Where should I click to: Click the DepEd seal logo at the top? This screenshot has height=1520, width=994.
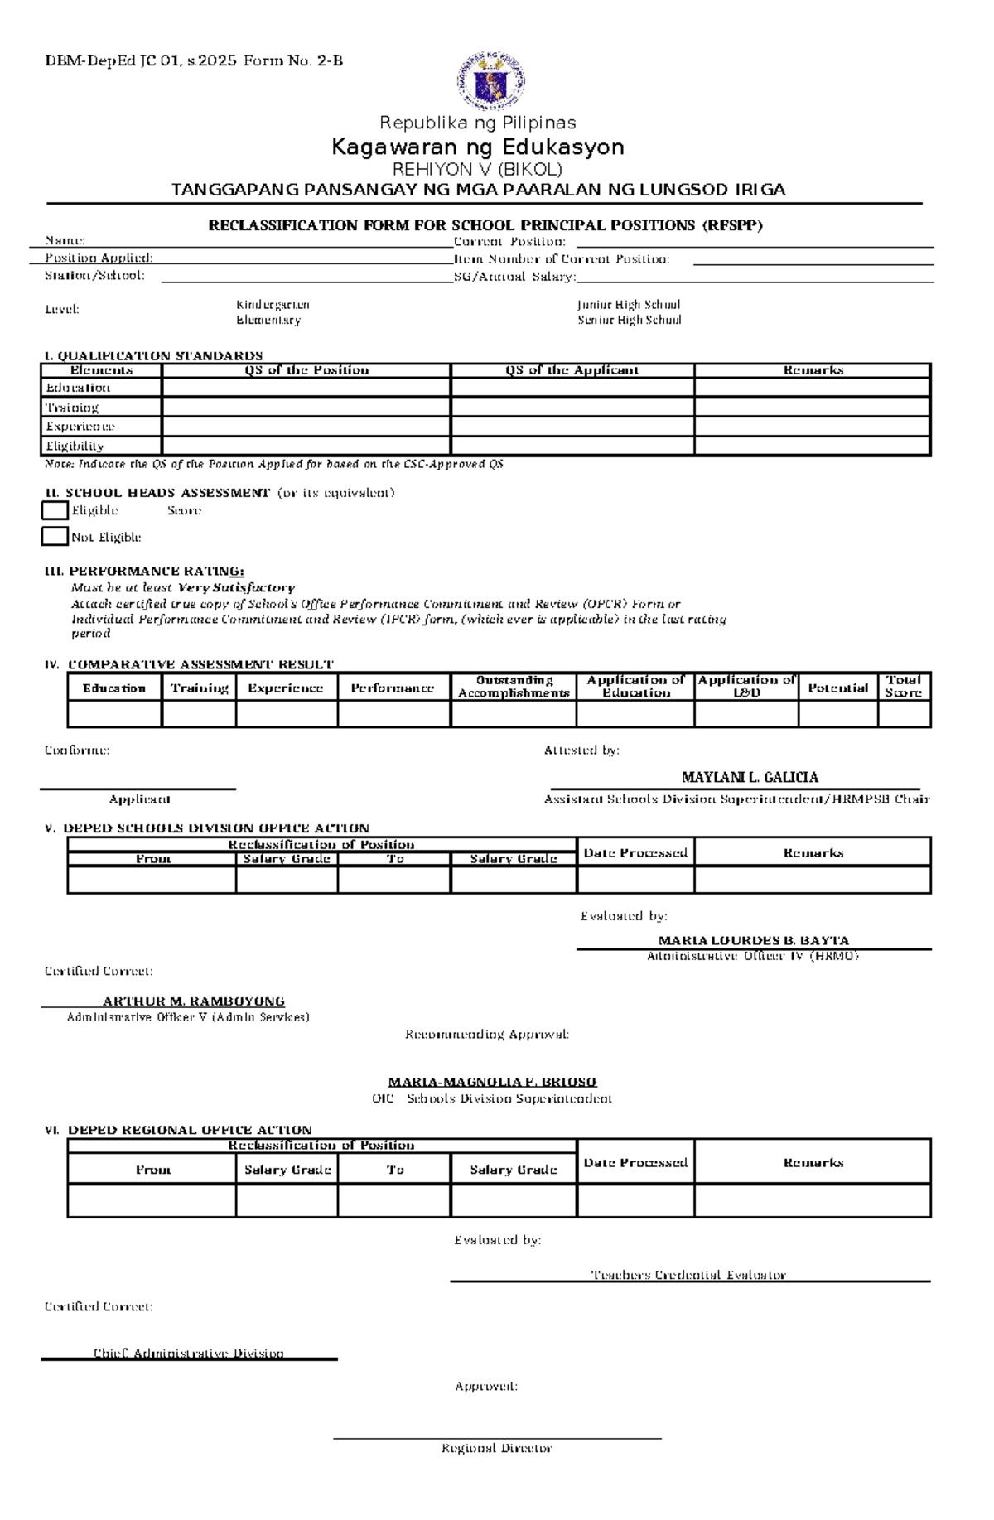[490, 80]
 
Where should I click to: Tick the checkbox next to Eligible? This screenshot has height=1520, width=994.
[55, 510]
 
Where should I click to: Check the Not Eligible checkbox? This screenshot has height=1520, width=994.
[55, 537]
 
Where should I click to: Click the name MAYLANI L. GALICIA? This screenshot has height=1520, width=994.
[750, 777]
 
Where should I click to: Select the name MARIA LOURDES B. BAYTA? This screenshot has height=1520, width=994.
[753, 940]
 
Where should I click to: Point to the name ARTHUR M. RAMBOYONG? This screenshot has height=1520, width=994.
[193, 1001]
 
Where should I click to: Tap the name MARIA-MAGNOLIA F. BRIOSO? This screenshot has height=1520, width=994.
[492, 1082]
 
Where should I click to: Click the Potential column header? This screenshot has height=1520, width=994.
[837, 688]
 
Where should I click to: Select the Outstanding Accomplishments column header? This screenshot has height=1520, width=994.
[514, 687]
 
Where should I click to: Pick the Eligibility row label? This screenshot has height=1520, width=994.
[75, 446]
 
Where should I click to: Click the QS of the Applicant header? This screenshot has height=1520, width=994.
[572, 370]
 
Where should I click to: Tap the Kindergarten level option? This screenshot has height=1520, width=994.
[273, 305]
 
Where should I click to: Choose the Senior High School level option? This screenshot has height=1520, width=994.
[629, 320]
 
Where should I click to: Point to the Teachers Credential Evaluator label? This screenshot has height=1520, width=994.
[688, 1275]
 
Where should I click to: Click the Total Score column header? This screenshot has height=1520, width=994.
[903, 687]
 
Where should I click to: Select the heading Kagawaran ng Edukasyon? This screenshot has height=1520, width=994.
[477, 147]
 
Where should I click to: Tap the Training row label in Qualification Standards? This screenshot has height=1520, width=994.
[72, 408]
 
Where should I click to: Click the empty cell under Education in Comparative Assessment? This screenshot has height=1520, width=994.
[114, 714]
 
